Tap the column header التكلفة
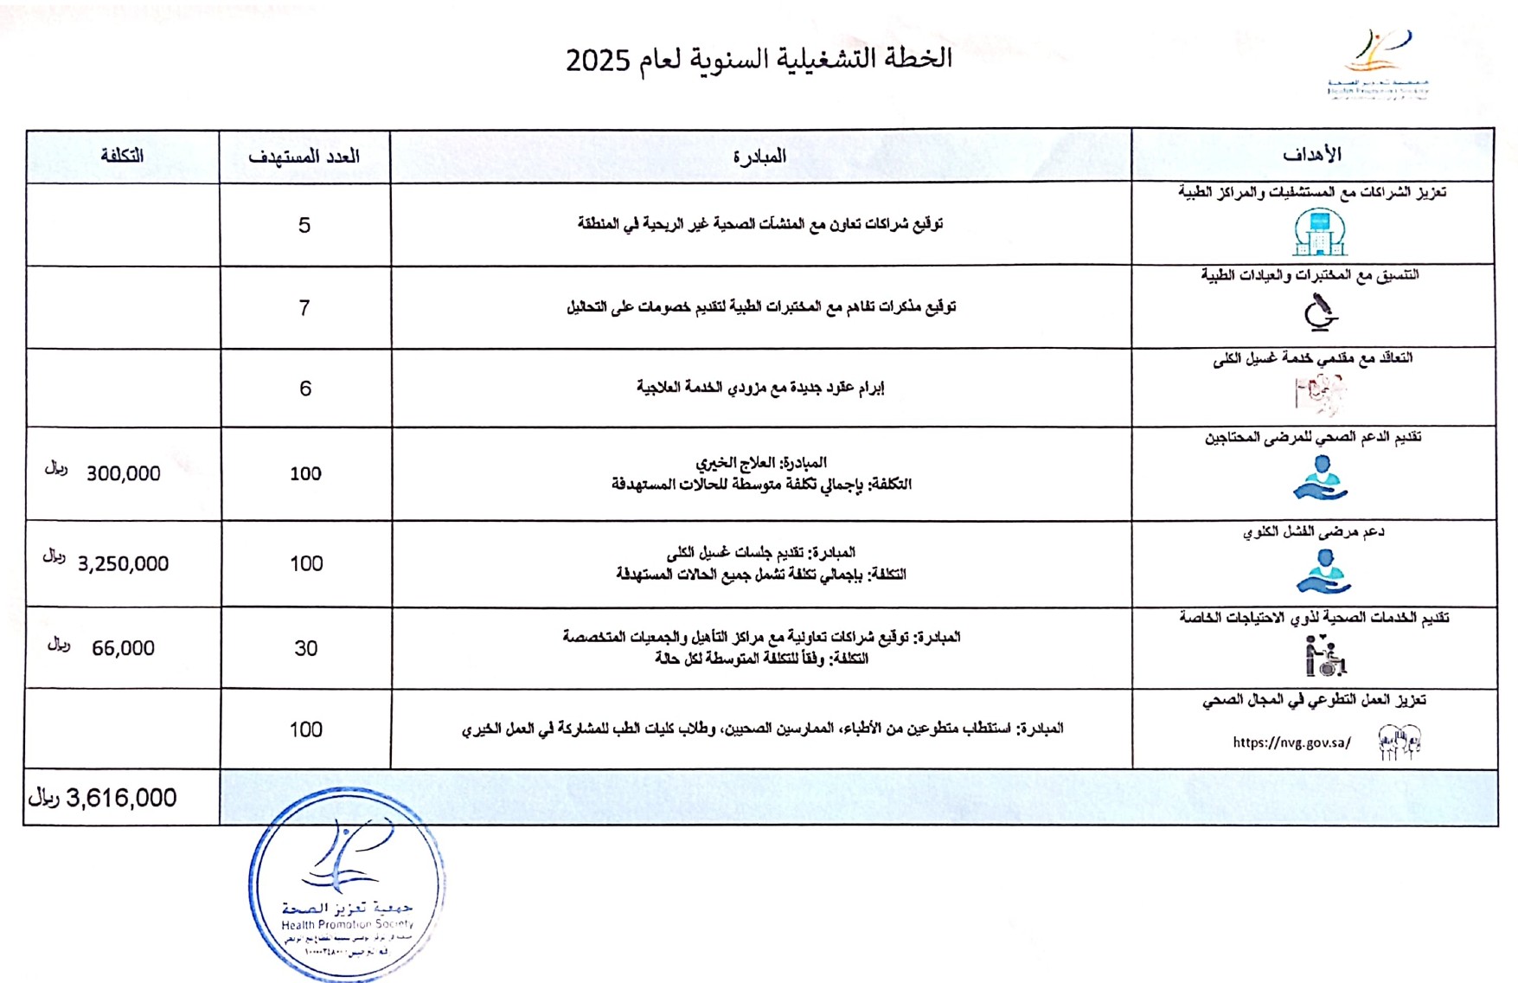click(122, 156)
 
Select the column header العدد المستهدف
click(304, 157)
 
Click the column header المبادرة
click(759, 157)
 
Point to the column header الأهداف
click(1311, 155)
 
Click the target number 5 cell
click(304, 226)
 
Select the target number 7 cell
click(304, 308)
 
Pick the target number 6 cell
click(305, 389)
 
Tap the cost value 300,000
click(123, 474)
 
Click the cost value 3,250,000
click(123, 564)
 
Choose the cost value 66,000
click(123, 649)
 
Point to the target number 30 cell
click(306, 649)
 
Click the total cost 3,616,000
click(120, 798)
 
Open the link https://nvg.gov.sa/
click(1291, 742)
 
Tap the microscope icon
click(1320, 312)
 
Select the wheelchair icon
click(1325, 656)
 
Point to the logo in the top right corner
click(1378, 65)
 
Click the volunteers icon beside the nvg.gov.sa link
click(1400, 742)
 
